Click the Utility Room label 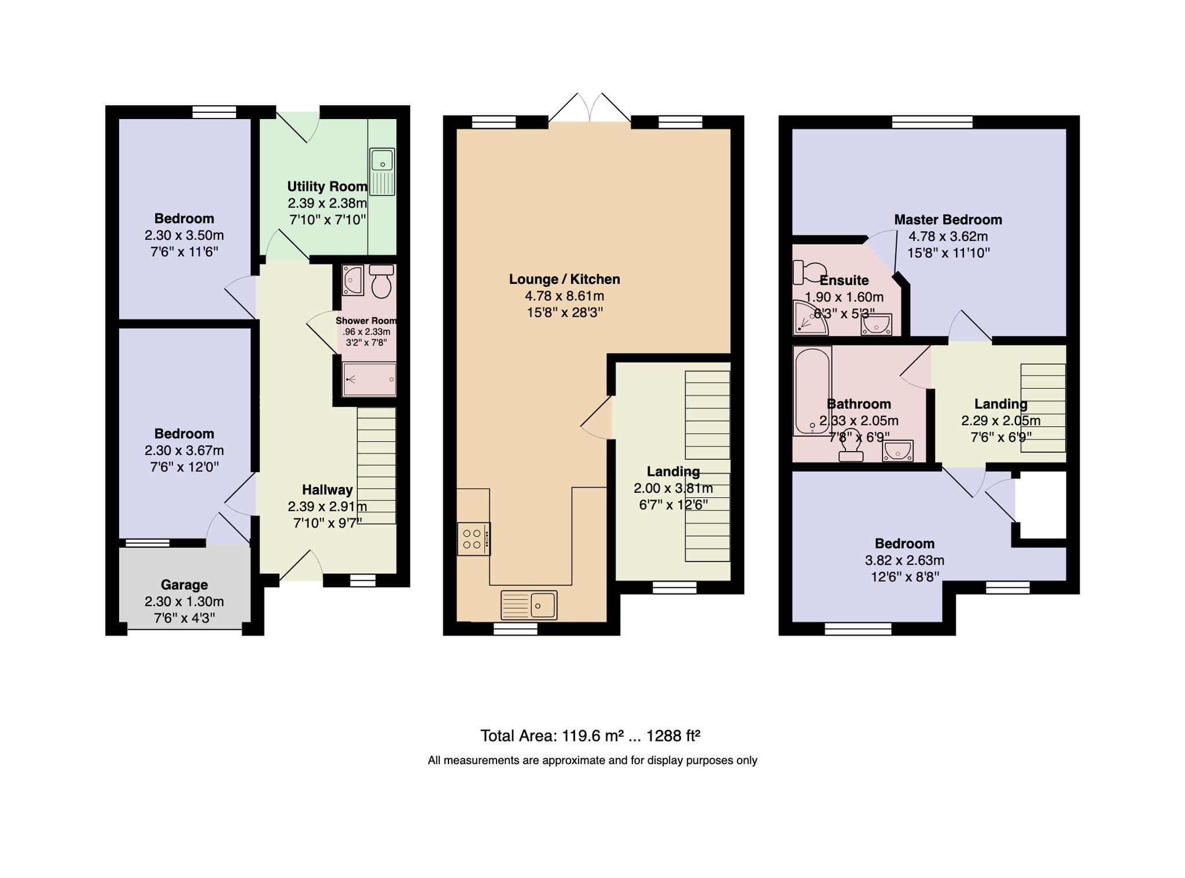click(327, 187)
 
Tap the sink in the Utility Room click(382, 171)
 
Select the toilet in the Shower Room click(381, 281)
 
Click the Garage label click(184, 585)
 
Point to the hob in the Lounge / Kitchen click(474, 539)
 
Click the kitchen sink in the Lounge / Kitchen click(529, 605)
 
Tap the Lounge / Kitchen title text click(564, 279)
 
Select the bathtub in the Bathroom click(812, 390)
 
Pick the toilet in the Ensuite click(809, 272)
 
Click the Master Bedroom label click(948, 220)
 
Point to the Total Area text click(590, 736)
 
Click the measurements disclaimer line click(592, 761)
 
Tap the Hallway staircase click(377, 466)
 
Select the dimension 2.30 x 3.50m click(184, 235)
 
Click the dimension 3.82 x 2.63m click(904, 560)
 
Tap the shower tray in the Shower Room click(370, 379)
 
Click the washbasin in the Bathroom click(897, 451)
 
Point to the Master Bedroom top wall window click(932, 122)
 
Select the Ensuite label click(844, 281)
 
